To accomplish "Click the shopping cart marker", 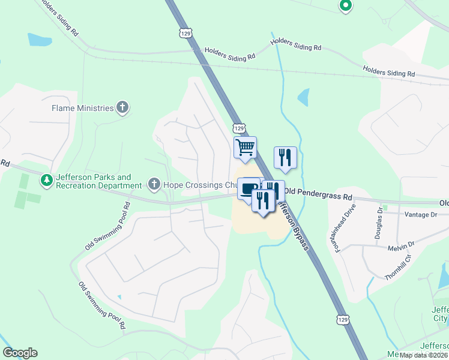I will tap(245, 148).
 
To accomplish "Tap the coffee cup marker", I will tap(249, 189).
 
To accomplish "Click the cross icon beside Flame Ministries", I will tap(122, 108).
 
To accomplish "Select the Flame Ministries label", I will tap(83, 109).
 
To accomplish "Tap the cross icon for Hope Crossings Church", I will tap(154, 184).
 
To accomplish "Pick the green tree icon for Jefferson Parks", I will tap(46, 179).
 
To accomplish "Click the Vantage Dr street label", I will tap(421, 214).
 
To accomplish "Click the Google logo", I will tap(20, 353).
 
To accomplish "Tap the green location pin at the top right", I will tap(345, 6).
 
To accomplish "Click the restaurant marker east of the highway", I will tap(285, 157).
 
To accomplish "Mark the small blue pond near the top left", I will tap(40, 40).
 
